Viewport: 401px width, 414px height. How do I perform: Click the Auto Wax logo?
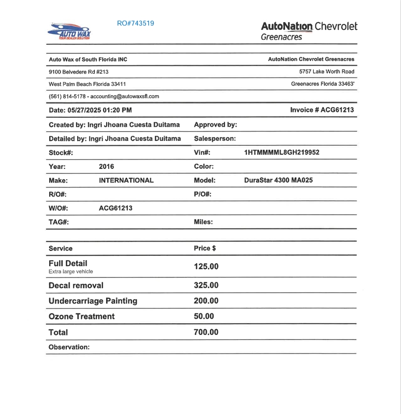[x=69, y=31]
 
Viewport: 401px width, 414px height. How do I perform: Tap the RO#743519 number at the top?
[x=136, y=23]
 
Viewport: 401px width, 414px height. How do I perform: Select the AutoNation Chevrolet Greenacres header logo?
[x=309, y=30]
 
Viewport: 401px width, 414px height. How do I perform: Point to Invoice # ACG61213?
[x=322, y=110]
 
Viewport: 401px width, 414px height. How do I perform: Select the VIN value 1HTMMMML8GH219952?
[x=282, y=153]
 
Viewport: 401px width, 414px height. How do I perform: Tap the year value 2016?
[x=106, y=166]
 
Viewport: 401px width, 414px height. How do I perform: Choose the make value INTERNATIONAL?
[x=126, y=180]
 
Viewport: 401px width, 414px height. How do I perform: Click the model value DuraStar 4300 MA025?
[x=278, y=180]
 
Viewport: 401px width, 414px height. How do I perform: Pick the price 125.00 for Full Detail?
[x=206, y=267]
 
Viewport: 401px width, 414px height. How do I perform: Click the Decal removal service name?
[x=76, y=285]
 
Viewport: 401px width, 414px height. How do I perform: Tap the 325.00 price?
[x=206, y=285]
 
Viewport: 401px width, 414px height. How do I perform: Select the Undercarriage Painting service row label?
[x=93, y=301]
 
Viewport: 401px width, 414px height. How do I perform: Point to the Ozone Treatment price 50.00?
[x=204, y=316]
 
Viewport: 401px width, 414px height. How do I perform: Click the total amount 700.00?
[x=206, y=332]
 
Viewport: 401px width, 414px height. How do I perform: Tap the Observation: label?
[x=69, y=347]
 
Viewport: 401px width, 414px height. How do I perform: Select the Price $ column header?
[x=205, y=248]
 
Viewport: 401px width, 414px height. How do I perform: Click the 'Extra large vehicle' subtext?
[x=71, y=272]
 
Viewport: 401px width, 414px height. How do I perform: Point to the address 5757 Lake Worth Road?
[x=326, y=72]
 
